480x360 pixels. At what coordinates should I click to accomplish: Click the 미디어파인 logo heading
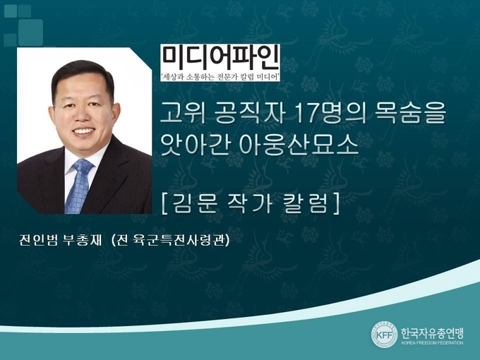pyautogui.click(x=220, y=58)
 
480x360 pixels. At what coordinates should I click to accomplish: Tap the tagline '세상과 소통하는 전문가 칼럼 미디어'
pyautogui.click(x=220, y=76)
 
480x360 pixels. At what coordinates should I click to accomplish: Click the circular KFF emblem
pyautogui.click(x=384, y=335)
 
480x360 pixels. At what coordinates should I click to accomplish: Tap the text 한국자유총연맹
pyautogui.click(x=432, y=332)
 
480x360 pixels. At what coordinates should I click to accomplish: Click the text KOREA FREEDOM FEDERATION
pyautogui.click(x=432, y=342)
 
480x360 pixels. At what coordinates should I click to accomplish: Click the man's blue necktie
pyautogui.click(x=78, y=187)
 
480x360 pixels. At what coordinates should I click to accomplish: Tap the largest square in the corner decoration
pyautogui.click(x=30, y=32)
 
